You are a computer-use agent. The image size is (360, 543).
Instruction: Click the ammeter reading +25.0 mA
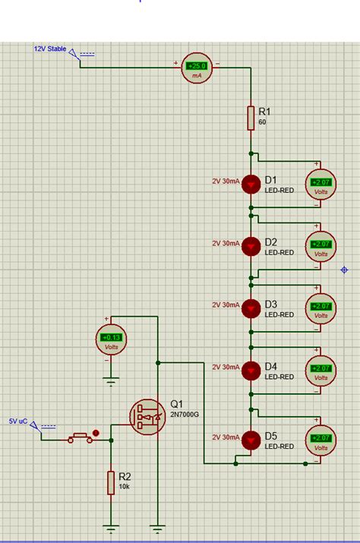(197, 68)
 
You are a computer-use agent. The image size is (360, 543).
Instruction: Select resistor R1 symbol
(251, 118)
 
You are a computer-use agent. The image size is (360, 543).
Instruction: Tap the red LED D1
(251, 183)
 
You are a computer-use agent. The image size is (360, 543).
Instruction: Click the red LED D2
(251, 245)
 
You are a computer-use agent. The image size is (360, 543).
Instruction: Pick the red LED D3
(251, 308)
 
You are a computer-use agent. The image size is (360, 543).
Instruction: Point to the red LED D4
(251, 370)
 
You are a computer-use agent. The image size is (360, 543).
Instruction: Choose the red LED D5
(251, 439)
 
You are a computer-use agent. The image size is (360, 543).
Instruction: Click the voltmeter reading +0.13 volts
(111, 339)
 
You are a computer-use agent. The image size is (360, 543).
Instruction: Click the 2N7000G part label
(185, 414)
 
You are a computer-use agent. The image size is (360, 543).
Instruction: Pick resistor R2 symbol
(111, 482)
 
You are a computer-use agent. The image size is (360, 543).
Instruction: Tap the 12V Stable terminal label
(49, 49)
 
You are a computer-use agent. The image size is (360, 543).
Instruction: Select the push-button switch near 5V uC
(81, 437)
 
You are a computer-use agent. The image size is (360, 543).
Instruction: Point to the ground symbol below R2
(111, 528)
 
